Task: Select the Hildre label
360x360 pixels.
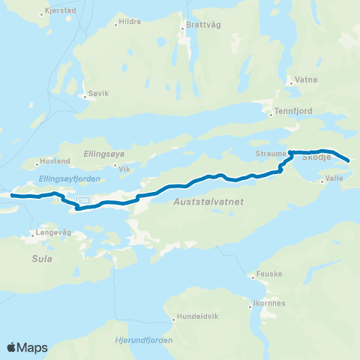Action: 130,22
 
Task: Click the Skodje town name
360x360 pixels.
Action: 317,157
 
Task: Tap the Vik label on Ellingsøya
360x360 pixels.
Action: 124,169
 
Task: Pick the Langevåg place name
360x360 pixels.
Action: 51,233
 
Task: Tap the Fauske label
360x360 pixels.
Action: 269,274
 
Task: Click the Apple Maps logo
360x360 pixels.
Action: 28,347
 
